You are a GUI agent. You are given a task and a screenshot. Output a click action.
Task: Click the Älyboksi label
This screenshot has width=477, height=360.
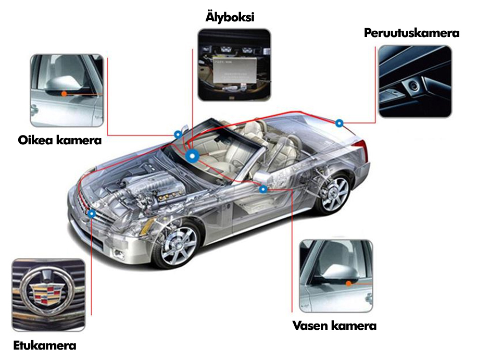(x=230, y=17)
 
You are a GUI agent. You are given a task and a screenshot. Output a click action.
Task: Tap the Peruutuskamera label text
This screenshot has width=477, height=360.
(x=411, y=33)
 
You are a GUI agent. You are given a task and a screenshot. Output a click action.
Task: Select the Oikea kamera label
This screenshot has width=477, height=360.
(x=59, y=140)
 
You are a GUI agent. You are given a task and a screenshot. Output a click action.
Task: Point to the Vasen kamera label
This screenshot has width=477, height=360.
(x=335, y=326)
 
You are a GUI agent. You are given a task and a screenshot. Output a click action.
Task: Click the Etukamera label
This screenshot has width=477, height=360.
(x=45, y=346)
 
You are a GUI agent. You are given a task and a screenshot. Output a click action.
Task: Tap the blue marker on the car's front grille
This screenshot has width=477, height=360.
(x=92, y=214)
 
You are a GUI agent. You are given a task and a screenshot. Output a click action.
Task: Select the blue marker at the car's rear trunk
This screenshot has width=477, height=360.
(x=340, y=123)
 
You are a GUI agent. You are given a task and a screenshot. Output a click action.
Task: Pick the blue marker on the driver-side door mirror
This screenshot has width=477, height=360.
(x=263, y=189)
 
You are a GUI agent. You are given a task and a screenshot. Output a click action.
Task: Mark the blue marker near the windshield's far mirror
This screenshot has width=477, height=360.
(x=178, y=134)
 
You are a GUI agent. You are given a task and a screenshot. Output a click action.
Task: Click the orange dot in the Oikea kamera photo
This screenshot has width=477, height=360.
(x=64, y=94)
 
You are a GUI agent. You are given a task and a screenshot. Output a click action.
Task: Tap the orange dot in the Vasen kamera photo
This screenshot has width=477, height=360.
(x=348, y=283)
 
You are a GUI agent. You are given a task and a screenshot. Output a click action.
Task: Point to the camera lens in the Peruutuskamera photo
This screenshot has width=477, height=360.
(x=413, y=85)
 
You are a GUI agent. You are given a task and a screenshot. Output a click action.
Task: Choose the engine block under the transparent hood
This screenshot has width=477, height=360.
(x=146, y=189)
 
